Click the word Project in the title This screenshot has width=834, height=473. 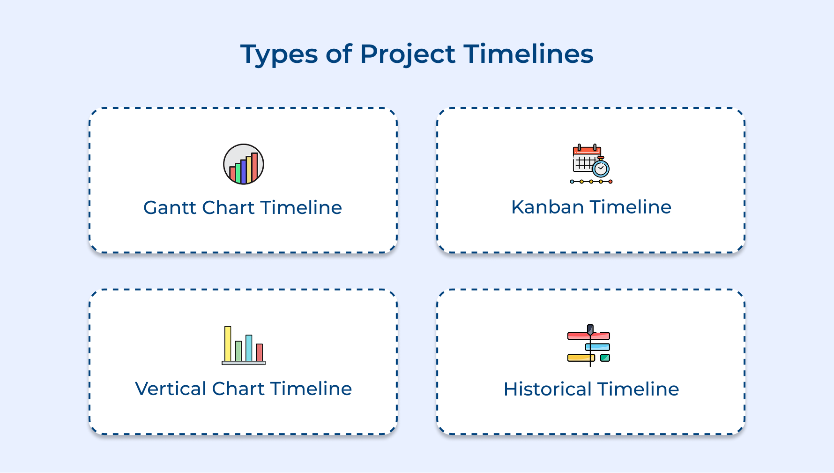[x=407, y=54]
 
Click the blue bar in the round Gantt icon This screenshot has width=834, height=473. [x=243, y=172]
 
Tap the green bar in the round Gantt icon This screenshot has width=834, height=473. [x=238, y=174]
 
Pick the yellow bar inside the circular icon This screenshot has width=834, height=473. [x=249, y=169]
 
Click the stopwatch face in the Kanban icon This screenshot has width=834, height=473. [x=601, y=168]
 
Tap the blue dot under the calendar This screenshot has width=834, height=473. [x=572, y=182]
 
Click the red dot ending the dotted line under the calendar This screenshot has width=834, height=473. [x=610, y=182]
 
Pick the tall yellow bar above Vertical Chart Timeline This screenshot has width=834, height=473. [x=228, y=343]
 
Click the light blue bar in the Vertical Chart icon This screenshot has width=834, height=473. [x=249, y=348]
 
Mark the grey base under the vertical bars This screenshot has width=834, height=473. [x=244, y=363]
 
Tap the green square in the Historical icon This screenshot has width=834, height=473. [x=605, y=358]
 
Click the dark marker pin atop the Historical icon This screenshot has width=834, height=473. [x=590, y=329]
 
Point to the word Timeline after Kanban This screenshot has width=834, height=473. [x=631, y=207]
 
